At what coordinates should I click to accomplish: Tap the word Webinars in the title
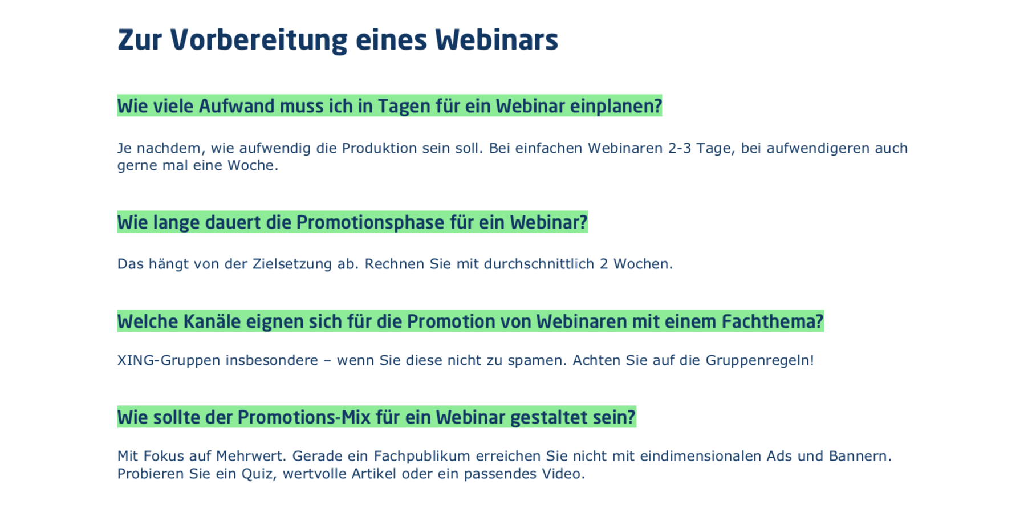click(x=497, y=40)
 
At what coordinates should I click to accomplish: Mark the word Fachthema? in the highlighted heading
click(x=773, y=321)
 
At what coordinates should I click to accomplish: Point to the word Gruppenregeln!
click(x=760, y=360)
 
